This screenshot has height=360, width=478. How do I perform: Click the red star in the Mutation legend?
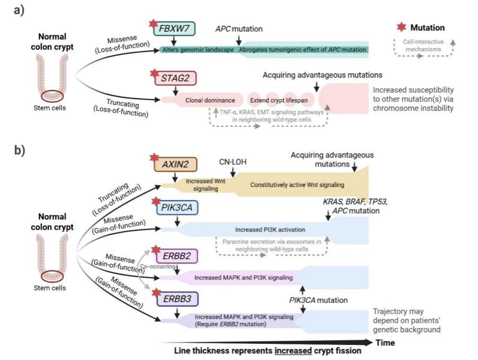pyautogui.click(x=402, y=28)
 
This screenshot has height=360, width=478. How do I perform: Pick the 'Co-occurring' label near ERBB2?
pyautogui.click(x=156, y=263)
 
